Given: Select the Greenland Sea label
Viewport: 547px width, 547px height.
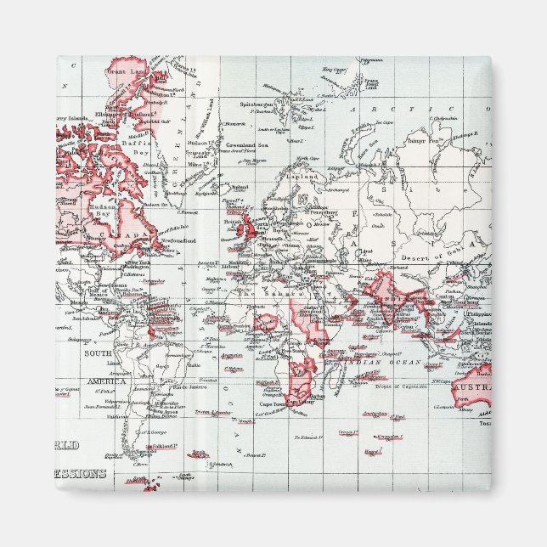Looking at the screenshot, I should pos(245,145).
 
